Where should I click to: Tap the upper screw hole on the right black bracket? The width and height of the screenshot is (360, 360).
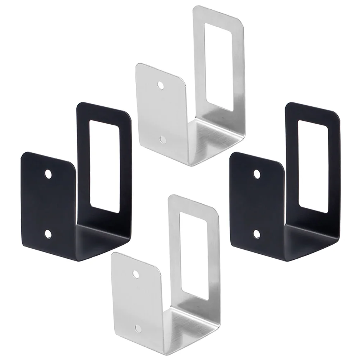pos(257,174)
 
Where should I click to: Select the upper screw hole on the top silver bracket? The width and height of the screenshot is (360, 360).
pos(161,86)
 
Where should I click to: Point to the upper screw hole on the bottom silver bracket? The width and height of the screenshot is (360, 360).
pos(136,274)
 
